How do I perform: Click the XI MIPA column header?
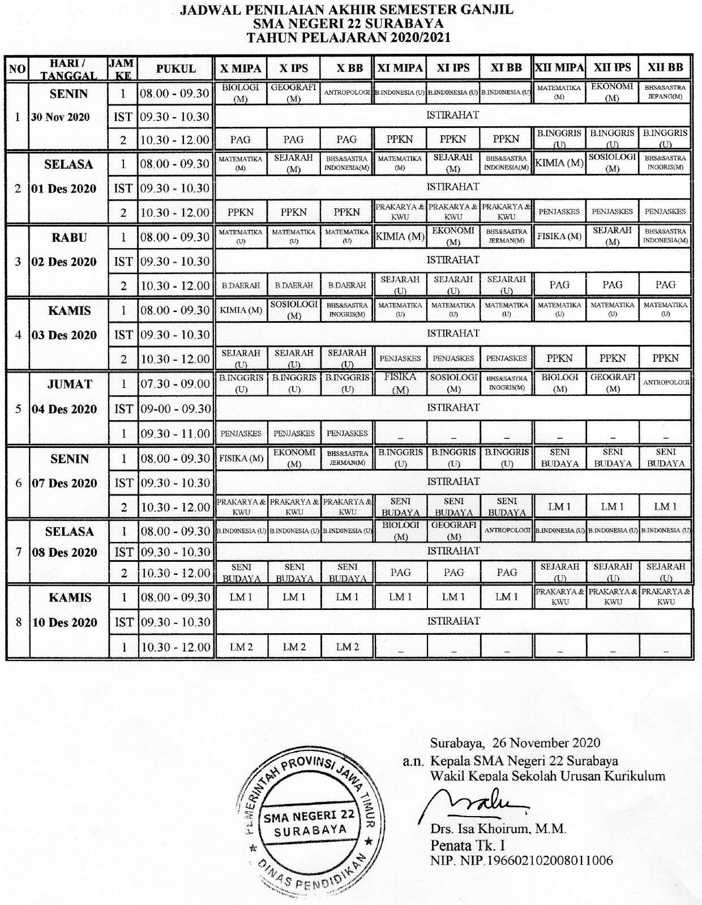(400, 68)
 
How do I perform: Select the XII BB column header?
(665, 67)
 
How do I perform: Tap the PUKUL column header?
(175, 69)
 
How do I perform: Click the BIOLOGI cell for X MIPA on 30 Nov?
(241, 93)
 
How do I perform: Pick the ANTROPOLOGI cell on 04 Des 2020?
(666, 382)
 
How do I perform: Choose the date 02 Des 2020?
(64, 262)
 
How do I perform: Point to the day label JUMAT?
(70, 384)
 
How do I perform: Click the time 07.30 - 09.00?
(175, 384)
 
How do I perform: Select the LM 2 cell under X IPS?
(294, 647)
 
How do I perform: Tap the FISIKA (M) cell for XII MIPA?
(559, 236)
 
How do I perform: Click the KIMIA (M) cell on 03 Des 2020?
(241, 310)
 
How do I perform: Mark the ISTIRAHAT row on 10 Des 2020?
(453, 621)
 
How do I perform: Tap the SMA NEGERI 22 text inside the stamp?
(309, 816)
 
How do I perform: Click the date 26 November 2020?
(546, 742)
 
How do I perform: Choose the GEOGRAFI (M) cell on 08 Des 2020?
(453, 530)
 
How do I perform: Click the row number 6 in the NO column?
(18, 483)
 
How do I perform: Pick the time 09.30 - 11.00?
(175, 433)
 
